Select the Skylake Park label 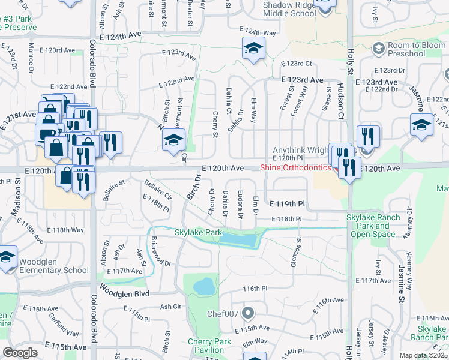(198, 232)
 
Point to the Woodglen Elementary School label (54, 266)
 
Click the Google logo (20, 353)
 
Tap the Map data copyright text (424, 355)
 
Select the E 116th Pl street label (255, 289)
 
